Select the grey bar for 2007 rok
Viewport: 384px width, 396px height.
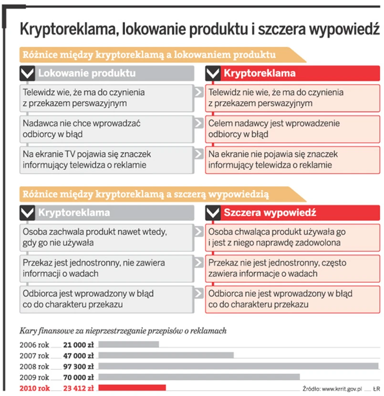pos(166,355)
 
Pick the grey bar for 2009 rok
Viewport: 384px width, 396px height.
pos(198,377)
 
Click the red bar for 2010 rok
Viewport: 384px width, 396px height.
pos(132,388)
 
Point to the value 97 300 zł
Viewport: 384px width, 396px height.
pos(78,366)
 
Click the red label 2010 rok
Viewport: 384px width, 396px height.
pos(34,388)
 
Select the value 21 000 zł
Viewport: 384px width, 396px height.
pos(78,344)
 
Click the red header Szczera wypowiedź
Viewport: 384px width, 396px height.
pos(270,213)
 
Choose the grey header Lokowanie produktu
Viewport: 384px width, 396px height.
pos(87,74)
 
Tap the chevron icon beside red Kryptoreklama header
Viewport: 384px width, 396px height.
pos(214,74)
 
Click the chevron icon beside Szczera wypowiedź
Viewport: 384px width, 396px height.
pos(214,213)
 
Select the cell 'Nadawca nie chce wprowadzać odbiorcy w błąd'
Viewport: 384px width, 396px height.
pos(106,128)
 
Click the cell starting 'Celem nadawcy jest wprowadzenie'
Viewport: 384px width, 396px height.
pos(292,128)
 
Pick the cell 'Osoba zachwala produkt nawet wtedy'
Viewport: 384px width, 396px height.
pos(106,237)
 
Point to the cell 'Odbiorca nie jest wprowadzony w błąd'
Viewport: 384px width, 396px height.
pos(292,299)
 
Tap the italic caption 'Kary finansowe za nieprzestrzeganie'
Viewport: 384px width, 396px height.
pos(123,330)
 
